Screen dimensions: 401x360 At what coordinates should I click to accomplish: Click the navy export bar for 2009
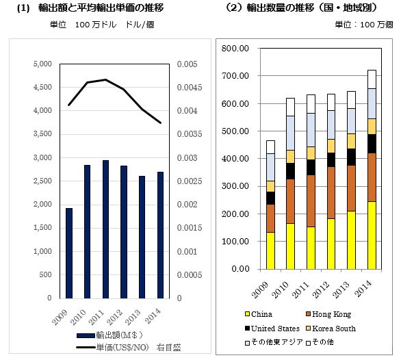point(69,253)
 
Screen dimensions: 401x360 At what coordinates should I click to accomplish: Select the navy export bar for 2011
point(105,229)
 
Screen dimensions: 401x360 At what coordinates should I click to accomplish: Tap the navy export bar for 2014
point(160,235)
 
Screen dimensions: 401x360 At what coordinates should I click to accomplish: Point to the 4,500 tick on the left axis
point(42,87)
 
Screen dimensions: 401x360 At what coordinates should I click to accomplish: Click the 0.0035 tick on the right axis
point(190,134)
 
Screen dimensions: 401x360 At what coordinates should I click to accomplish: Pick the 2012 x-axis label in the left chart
point(114,318)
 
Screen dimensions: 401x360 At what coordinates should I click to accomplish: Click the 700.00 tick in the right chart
point(235,76)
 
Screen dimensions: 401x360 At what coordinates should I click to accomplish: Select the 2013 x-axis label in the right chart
point(341,290)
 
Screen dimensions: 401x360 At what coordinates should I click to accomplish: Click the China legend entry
point(259,314)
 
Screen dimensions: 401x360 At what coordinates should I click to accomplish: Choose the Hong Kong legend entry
point(328,314)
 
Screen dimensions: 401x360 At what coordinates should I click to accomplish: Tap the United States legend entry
point(272,329)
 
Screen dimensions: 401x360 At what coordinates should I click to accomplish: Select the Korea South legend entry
point(331,329)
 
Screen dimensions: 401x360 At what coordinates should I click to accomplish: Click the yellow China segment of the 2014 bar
point(372,235)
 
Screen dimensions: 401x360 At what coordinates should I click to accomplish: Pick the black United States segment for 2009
point(270,198)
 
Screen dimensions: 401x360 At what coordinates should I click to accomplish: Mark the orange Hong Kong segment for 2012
point(331,193)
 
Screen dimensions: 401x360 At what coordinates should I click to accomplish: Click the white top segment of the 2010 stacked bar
point(291,107)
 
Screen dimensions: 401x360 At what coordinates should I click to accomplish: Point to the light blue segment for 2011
point(311,130)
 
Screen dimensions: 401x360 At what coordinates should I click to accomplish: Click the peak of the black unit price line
point(105,79)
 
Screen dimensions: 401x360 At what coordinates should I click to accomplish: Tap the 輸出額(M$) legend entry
point(109,335)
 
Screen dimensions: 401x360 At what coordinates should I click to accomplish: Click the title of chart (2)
point(302,8)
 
